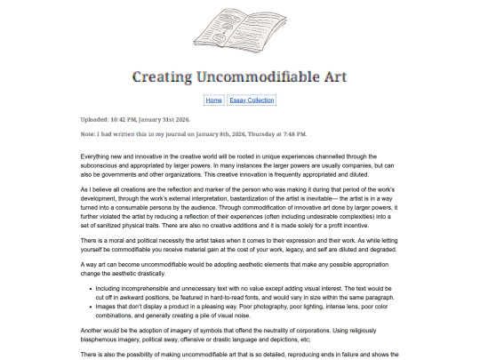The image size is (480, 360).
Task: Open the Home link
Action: tap(213, 100)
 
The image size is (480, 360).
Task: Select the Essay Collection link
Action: tap(252, 100)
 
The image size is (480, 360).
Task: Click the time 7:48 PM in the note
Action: tap(293, 133)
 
